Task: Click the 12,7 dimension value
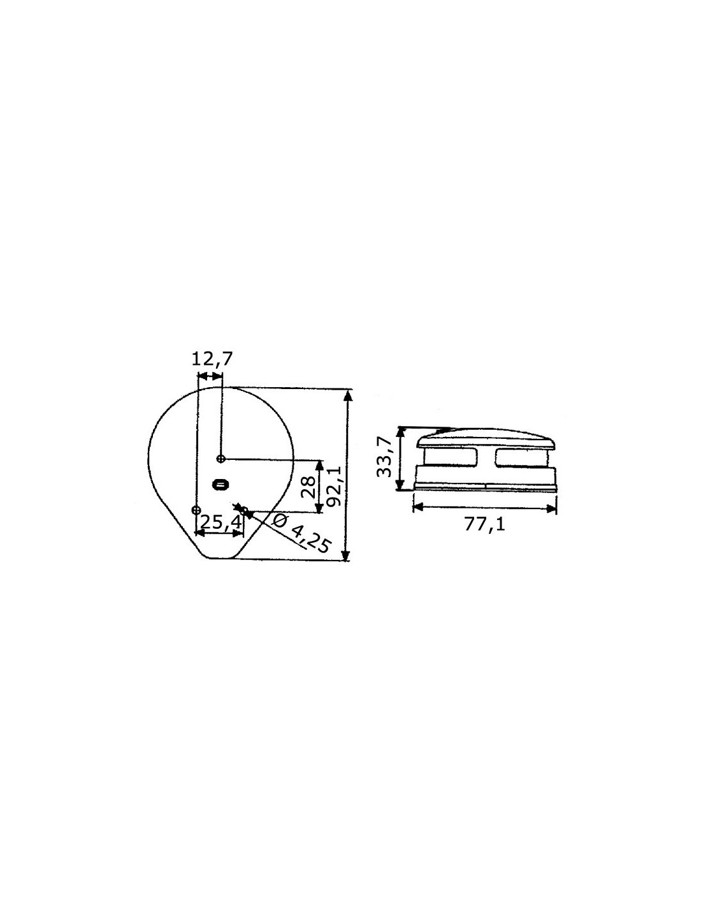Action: tap(212, 359)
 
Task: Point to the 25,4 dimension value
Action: tap(220, 522)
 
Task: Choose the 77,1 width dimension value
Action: tap(485, 525)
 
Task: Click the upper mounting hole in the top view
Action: tap(221, 459)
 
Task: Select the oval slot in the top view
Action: tap(219, 485)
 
